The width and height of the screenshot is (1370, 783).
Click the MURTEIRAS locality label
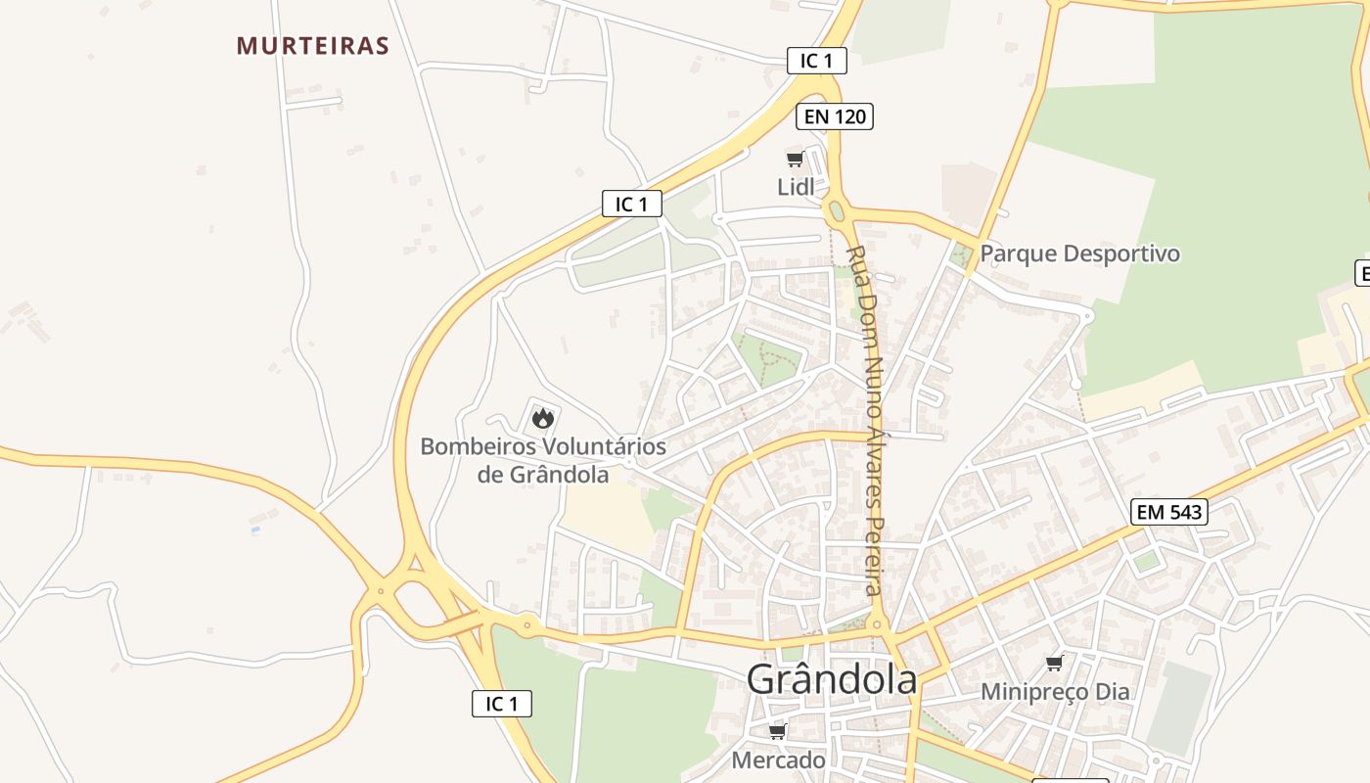[x=313, y=46]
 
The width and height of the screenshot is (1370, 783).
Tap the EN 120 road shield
[x=834, y=116]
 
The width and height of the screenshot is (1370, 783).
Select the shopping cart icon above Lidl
[x=795, y=160]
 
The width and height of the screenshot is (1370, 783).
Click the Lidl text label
[x=796, y=187]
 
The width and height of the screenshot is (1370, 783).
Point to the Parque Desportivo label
[x=1080, y=253]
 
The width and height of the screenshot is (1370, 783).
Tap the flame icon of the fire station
[x=542, y=419]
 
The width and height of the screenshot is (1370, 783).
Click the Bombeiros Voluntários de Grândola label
[x=543, y=460]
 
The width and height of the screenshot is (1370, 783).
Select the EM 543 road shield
[x=1168, y=511]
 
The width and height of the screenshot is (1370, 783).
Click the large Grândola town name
[x=832, y=679]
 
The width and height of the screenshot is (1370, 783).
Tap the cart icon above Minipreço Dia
[x=1054, y=664]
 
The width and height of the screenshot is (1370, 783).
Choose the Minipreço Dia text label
[x=1055, y=692]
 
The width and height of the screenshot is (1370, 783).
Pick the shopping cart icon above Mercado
[x=777, y=732]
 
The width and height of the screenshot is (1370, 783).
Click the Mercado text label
[x=778, y=760]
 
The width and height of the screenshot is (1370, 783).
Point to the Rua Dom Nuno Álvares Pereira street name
[x=868, y=421]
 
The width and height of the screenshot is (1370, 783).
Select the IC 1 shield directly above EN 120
[x=816, y=61]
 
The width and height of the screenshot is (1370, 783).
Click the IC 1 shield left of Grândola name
[x=501, y=703]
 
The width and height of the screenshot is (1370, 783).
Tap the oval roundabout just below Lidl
[x=835, y=211]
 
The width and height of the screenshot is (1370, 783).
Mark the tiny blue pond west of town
[x=255, y=530]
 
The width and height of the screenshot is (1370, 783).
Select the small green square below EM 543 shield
[x=1146, y=562]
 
